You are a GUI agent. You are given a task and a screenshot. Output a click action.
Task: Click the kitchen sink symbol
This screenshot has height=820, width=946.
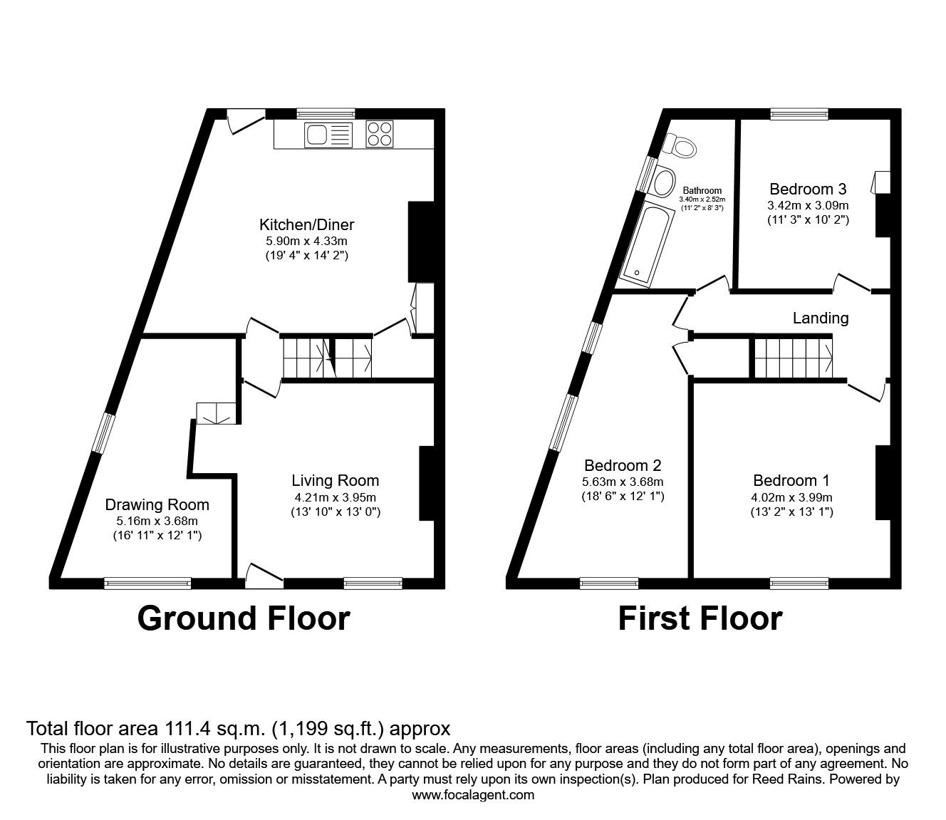pos(328,135)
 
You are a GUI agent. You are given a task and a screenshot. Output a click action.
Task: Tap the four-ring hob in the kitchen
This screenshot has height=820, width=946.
pos(380,135)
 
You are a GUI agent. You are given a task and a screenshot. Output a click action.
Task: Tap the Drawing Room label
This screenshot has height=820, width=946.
pos(157,505)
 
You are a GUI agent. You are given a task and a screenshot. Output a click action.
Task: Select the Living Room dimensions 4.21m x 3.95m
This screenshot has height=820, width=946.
pos(336,497)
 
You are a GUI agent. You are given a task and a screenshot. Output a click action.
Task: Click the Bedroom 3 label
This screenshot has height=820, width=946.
pos(808,190)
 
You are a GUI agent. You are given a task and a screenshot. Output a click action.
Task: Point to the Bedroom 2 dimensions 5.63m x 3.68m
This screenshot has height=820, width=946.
pos(623,482)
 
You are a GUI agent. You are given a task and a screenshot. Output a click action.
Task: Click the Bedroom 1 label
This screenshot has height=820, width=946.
pos(791,481)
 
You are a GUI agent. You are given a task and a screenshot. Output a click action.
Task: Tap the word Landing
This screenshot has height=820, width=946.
pos(821,318)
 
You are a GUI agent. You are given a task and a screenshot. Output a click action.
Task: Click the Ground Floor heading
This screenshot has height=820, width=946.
pos(244,618)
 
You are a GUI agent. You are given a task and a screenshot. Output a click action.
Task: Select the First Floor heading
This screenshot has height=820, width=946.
pos(700,618)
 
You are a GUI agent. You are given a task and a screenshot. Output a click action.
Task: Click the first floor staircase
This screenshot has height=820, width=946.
pos(793,357)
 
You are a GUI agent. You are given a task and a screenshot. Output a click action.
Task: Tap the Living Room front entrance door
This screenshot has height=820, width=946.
pos(263,574)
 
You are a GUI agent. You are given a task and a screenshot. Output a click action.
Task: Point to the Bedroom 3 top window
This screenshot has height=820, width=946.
pos(799,113)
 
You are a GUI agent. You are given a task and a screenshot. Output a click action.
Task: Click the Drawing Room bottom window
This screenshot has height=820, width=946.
pos(147,583)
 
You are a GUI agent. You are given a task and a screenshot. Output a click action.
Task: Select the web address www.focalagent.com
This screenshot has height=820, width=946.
pos(473,795)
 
